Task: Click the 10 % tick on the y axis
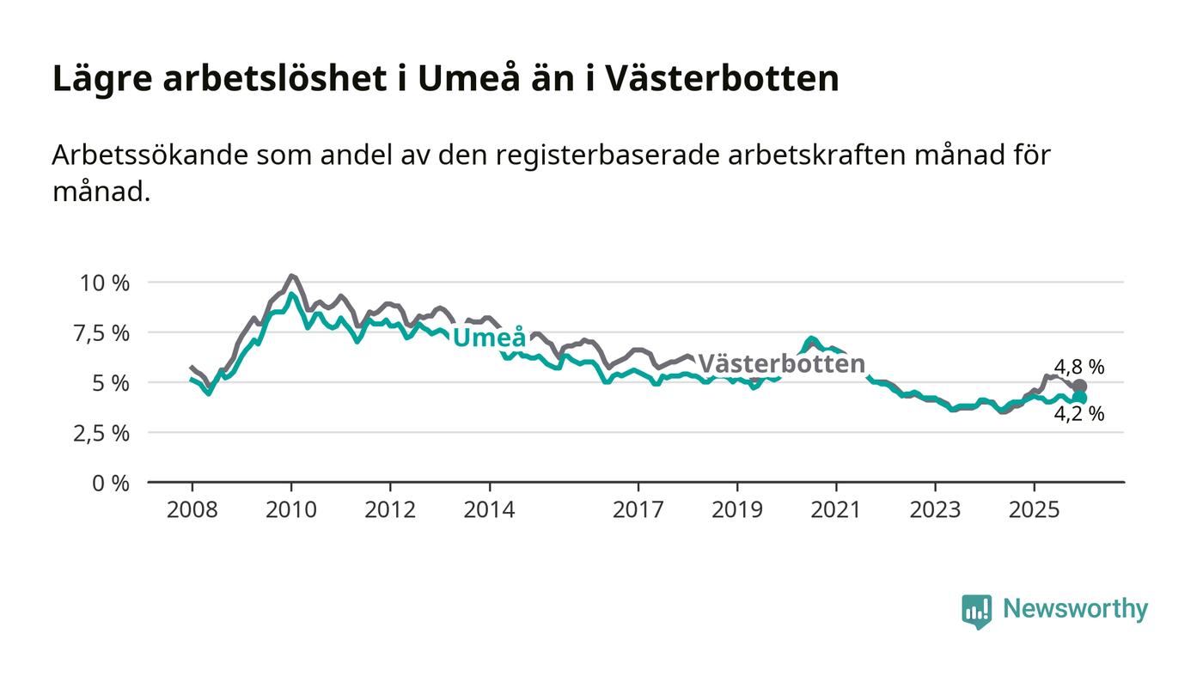106,283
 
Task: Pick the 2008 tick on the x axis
192,509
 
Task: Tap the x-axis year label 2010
291,509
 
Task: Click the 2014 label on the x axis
489,509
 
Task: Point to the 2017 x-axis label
638,509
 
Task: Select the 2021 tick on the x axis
836,509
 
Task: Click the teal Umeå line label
489,338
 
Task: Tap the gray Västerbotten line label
781,364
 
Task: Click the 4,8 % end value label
1079,368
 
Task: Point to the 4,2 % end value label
1079,414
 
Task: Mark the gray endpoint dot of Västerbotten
1080,387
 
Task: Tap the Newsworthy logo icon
976,611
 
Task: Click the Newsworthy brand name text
1075,609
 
